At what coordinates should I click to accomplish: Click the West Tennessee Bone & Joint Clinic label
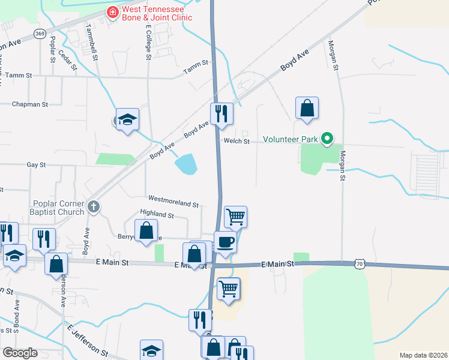[157, 13]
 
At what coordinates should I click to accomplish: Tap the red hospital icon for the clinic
[112, 12]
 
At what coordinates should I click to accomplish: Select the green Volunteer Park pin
[327, 139]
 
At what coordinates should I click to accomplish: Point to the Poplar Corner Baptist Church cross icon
[93, 206]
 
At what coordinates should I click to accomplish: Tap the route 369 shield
[40, 34]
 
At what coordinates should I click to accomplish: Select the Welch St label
[237, 141]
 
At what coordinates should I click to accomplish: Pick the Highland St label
[157, 214]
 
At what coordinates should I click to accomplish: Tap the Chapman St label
[30, 104]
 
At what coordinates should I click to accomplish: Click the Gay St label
[36, 164]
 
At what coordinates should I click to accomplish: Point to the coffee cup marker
[225, 242]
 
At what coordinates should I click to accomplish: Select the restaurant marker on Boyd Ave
[221, 113]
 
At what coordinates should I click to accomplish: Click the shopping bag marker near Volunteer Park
[307, 108]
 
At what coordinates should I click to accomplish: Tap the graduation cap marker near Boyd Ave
[127, 119]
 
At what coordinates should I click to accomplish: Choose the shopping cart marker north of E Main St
[235, 217]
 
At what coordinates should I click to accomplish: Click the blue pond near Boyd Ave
[186, 164]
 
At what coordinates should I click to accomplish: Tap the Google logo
[21, 352]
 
